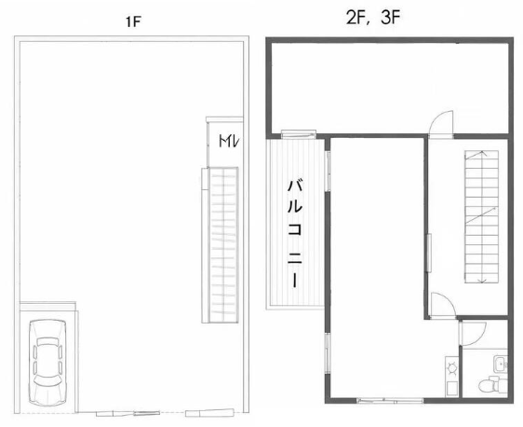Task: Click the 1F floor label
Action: (133, 22)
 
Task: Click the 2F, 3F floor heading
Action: (373, 18)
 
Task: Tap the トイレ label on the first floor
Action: (229, 142)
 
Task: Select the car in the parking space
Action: (47, 363)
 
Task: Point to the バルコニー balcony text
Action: (295, 233)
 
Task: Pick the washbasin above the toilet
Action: (501, 364)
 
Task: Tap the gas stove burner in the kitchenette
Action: (451, 367)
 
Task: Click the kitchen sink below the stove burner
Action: (451, 388)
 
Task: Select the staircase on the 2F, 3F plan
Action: (482, 217)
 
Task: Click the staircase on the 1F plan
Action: (221, 245)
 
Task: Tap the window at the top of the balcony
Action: (299, 134)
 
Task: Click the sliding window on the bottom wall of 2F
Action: (390, 400)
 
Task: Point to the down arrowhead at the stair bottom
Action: (481, 281)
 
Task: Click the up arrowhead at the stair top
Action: (482, 153)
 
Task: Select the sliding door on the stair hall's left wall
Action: (429, 253)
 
